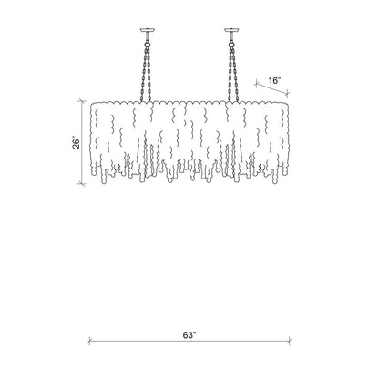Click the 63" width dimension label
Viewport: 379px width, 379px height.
click(x=189, y=335)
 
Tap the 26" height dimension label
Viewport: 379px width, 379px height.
click(x=77, y=143)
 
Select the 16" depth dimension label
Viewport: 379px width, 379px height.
click(x=274, y=80)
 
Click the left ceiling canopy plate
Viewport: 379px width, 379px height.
click(x=148, y=30)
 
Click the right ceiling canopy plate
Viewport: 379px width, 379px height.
click(x=232, y=30)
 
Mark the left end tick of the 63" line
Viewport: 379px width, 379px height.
click(x=89, y=341)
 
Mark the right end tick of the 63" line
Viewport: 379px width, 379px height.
click(x=290, y=341)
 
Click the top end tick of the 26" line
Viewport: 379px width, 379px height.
click(x=81, y=101)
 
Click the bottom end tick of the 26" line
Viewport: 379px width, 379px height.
click(x=81, y=183)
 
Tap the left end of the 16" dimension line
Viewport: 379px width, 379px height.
click(x=256, y=84)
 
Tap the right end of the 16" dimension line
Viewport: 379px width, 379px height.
click(x=287, y=93)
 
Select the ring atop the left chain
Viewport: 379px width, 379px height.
click(x=148, y=44)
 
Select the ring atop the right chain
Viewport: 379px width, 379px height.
click(x=232, y=44)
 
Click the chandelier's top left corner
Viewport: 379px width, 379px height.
click(x=91, y=104)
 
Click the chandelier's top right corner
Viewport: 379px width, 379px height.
click(x=287, y=102)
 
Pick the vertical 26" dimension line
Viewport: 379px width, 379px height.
click(x=81, y=142)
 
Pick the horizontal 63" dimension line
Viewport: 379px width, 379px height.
click(x=189, y=341)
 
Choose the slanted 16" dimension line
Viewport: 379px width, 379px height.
click(x=271, y=88)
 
